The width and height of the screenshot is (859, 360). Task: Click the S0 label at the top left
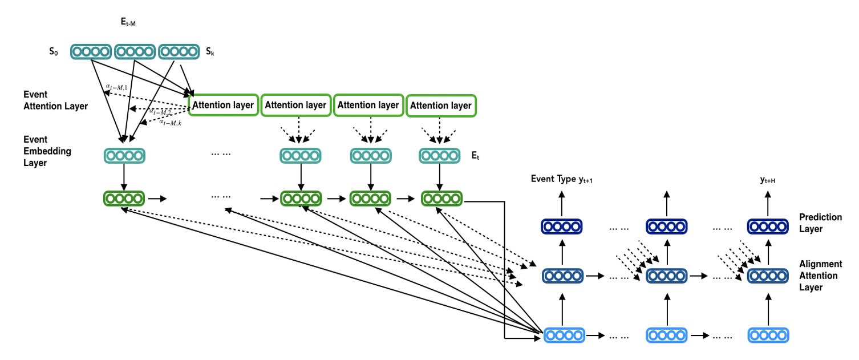pyautogui.click(x=53, y=52)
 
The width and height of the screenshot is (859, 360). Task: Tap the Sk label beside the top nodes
pyautogui.click(x=209, y=52)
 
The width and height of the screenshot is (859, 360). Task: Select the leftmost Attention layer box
pyautogui.click(x=223, y=105)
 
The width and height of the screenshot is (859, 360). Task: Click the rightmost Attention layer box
pyautogui.click(x=441, y=106)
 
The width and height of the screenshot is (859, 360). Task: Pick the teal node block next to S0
pyautogui.click(x=90, y=52)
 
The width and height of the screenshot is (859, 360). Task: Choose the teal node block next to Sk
pyautogui.click(x=177, y=52)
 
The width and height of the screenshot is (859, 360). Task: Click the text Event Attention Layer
pyautogui.click(x=55, y=100)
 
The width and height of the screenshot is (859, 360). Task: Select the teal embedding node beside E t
pyautogui.click(x=439, y=156)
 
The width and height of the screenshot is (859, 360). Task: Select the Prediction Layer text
pyautogui.click(x=820, y=223)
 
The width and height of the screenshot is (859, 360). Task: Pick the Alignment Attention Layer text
pyautogui.click(x=820, y=276)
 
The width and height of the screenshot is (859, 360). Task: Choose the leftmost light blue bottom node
pyautogui.click(x=564, y=335)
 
